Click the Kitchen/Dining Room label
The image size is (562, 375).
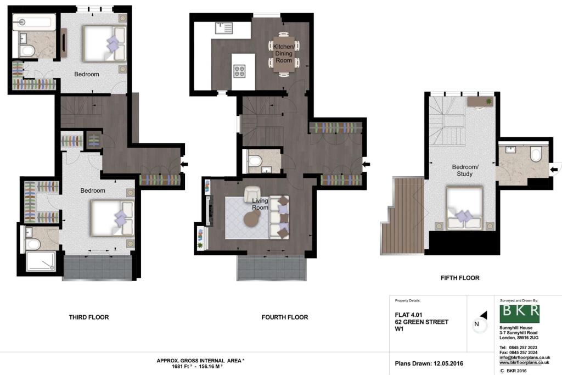[284, 53]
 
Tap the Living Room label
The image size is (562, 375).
[260, 204]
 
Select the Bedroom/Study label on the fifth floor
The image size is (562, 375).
[465, 170]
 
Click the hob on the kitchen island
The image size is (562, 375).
[239, 71]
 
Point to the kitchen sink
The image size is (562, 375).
[224, 28]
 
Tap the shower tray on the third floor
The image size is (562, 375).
[41, 261]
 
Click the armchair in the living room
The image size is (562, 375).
[252, 194]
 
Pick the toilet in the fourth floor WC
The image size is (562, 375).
[255, 160]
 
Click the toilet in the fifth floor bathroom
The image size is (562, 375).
[536, 154]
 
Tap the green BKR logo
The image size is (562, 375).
[519, 314]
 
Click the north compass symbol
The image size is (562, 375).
[480, 323]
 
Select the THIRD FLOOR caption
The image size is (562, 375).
[89, 317]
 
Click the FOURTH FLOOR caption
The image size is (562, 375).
[285, 317]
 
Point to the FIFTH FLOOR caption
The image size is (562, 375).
[460, 278]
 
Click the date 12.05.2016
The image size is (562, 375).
[448, 363]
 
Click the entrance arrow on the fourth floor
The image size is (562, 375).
[366, 165]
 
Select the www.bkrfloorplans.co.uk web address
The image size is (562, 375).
[524, 362]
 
